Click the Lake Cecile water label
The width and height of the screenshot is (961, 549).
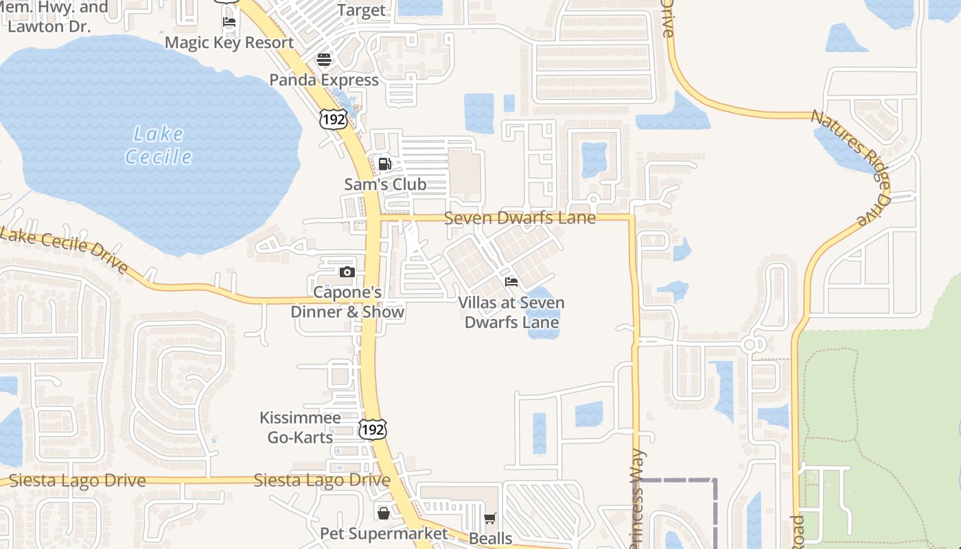[159, 145]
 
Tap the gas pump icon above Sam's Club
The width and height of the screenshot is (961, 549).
[384, 164]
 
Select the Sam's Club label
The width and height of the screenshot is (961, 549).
[385, 184]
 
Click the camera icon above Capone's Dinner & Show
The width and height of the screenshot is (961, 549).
[347, 272]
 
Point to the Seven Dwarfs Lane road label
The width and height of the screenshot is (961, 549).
[520, 218]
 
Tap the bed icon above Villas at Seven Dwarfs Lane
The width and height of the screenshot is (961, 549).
[511, 282]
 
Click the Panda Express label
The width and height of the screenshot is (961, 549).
[324, 80]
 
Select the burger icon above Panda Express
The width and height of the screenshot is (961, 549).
[324, 60]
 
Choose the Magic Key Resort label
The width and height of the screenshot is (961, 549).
[229, 43]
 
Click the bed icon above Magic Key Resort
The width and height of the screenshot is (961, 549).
[229, 22]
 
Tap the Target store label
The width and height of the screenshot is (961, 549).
[362, 11]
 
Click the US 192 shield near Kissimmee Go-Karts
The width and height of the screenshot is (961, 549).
[372, 430]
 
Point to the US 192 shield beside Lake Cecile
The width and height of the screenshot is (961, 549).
[332, 118]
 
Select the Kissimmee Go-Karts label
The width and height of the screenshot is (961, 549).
[300, 428]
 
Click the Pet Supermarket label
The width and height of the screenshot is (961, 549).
[384, 533]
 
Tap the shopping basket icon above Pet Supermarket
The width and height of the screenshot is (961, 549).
[383, 513]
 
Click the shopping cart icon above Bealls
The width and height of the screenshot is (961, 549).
[489, 519]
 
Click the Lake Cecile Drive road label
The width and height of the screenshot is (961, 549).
[65, 250]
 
